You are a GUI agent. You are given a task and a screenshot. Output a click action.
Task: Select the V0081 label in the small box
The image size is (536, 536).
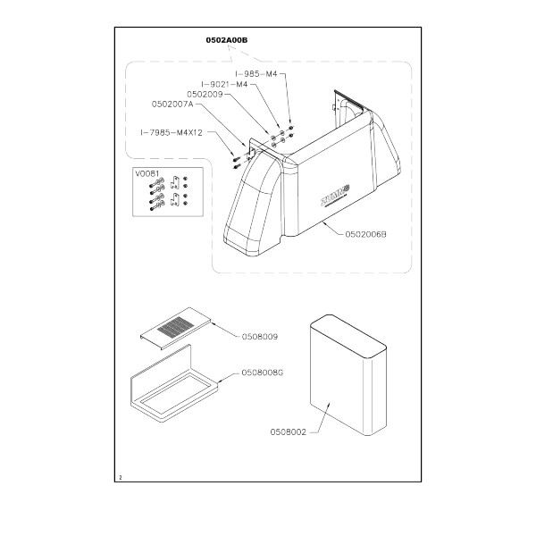pos(145,174)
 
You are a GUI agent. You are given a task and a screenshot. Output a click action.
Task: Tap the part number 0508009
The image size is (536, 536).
pos(259,338)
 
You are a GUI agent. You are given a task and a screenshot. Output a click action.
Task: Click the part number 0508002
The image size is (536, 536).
pos(288,432)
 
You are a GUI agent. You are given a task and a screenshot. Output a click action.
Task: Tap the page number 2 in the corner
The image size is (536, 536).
pos(119,479)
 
